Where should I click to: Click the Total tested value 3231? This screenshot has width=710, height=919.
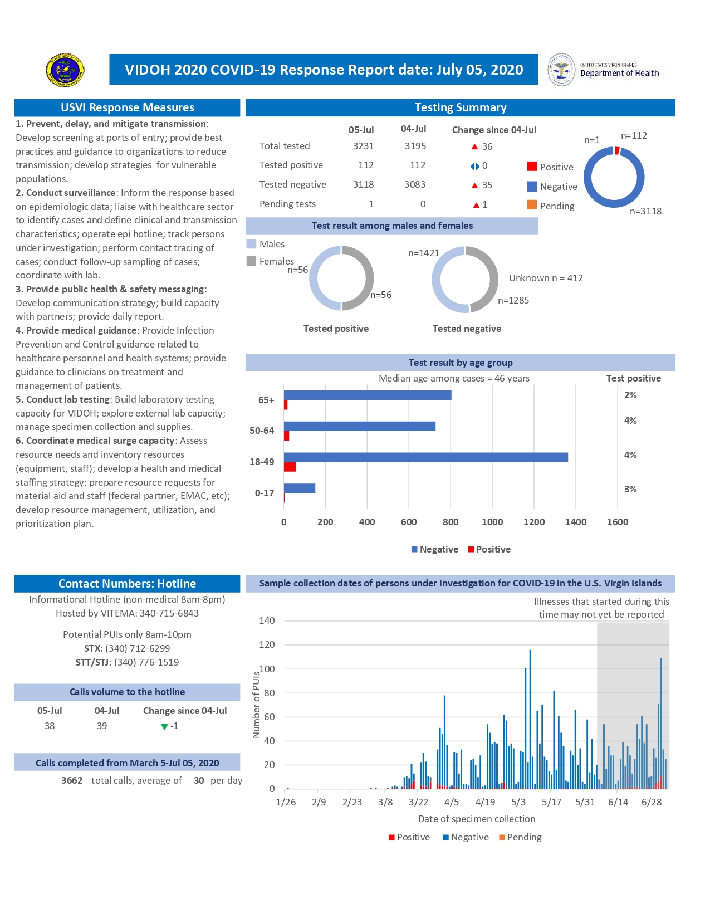(363, 146)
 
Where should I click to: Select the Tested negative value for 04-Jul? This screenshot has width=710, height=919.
(415, 184)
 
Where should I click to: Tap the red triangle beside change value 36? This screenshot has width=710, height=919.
(474, 146)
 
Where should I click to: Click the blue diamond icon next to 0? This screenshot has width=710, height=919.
(474, 166)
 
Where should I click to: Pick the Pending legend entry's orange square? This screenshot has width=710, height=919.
(532, 205)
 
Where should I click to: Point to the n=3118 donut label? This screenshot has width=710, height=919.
(645, 211)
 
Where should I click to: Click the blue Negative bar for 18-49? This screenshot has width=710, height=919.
(425, 457)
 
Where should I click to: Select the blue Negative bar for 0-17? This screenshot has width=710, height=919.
(300, 488)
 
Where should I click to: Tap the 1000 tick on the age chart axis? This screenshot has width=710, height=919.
(492, 522)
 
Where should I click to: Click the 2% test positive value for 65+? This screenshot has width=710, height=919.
(630, 395)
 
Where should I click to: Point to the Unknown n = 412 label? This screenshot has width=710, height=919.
(546, 278)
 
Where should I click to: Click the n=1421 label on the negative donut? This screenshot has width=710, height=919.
(424, 253)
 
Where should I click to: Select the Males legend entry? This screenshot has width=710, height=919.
(266, 244)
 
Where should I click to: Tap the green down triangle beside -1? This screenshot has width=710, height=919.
(164, 726)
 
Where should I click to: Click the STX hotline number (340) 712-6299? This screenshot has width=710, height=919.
(138, 648)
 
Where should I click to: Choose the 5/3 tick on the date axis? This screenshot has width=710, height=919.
(518, 802)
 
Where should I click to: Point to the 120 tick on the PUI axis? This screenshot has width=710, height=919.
(267, 644)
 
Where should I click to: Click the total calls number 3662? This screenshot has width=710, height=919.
(72, 780)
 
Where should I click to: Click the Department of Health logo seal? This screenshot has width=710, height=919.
(561, 70)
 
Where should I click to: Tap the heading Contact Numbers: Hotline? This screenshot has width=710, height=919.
(127, 583)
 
